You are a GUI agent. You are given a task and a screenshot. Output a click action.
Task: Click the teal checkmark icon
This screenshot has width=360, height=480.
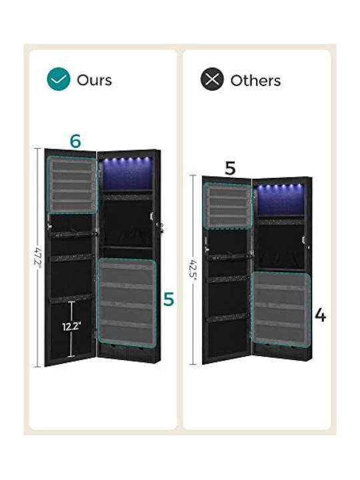pos(59,79)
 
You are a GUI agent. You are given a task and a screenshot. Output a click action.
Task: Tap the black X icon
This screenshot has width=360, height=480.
pos(212,79)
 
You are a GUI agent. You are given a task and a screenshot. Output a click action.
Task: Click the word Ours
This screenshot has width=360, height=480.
pos(94,80)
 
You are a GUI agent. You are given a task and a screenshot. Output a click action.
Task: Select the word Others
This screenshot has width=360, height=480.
pos(255,81)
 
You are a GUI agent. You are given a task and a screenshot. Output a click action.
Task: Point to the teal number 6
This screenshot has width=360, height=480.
pos(75,141)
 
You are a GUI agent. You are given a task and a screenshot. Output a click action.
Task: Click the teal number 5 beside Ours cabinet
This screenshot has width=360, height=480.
pos(169,299)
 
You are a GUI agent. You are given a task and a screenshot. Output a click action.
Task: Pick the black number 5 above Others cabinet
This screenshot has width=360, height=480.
pos(230,168)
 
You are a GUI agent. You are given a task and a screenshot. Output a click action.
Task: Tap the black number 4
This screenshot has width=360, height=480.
pos(320,315)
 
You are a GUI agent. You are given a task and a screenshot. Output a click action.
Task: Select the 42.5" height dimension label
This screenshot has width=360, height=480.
pos(193,269)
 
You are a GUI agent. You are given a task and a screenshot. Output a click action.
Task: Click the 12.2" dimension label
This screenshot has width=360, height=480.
pos(71,327)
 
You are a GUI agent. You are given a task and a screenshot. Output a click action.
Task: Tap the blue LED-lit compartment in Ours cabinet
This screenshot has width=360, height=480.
pos(127,173)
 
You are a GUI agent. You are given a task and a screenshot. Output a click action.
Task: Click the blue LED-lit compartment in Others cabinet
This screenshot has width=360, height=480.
pos(280,199)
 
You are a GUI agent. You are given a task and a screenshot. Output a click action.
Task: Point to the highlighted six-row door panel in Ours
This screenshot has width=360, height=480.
pos(72,185)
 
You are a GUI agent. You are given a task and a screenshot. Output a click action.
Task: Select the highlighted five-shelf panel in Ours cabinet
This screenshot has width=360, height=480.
pos(127,303)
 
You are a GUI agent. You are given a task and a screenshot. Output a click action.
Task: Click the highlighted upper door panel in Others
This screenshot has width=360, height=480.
pos(228,206)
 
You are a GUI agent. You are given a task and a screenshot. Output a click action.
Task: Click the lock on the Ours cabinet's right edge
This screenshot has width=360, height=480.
pos(161,227)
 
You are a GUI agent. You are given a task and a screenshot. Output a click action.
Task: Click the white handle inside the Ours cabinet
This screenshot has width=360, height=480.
pos(151,215)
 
